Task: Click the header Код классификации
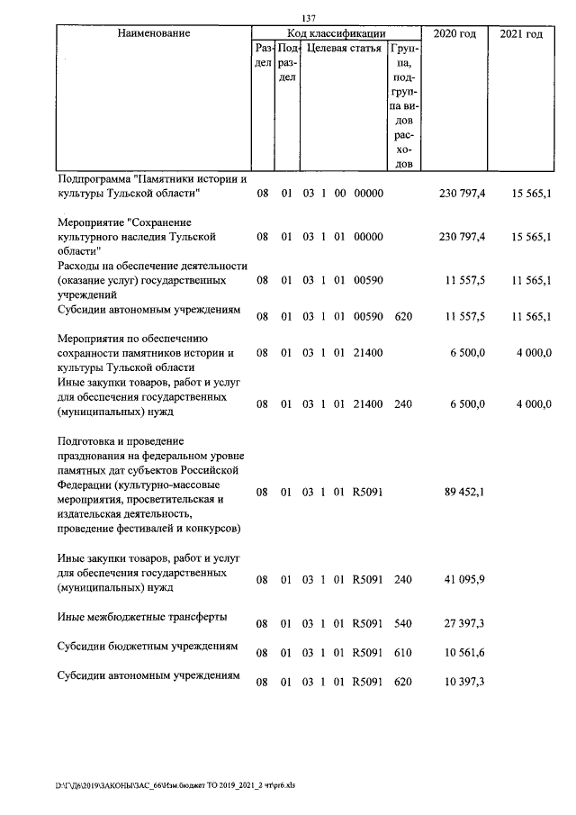336,33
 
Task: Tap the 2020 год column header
455,33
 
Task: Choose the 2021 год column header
521,33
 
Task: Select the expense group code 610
403,653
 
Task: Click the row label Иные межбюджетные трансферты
142,617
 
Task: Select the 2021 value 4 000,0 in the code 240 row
533,404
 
